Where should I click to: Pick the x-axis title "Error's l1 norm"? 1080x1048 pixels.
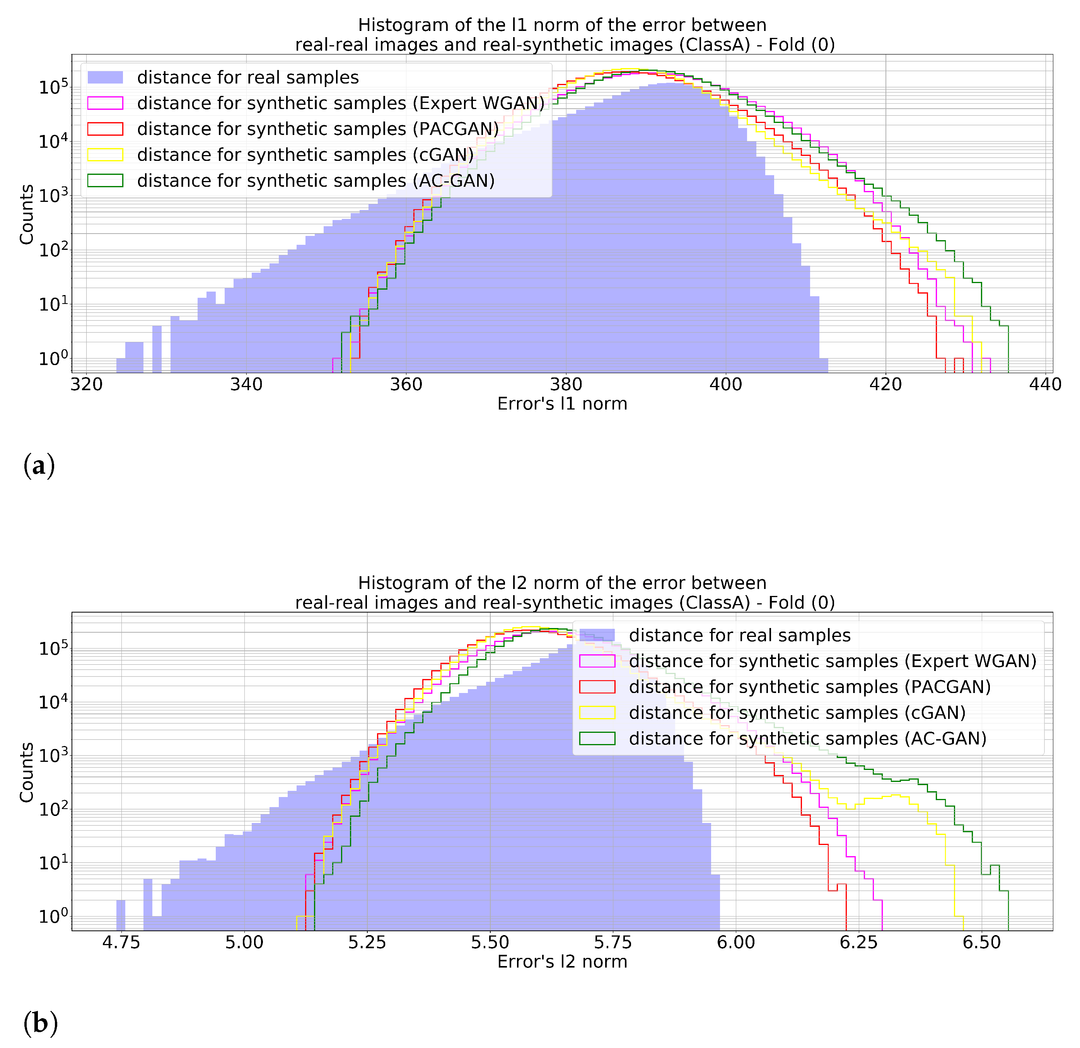(562, 404)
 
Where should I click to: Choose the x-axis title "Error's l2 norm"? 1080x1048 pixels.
(562, 962)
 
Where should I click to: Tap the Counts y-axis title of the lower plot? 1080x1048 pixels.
(26, 773)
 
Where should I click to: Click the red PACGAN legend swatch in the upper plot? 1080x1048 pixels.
(105, 129)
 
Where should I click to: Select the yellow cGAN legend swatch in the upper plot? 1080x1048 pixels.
(105, 155)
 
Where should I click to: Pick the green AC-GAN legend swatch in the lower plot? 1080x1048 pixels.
(597, 738)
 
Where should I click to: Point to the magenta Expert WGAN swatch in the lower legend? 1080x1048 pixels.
(597, 661)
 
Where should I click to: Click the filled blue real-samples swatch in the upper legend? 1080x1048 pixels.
(105, 77)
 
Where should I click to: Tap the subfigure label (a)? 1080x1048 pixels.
(39, 466)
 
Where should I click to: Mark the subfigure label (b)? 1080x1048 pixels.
(40, 1024)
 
